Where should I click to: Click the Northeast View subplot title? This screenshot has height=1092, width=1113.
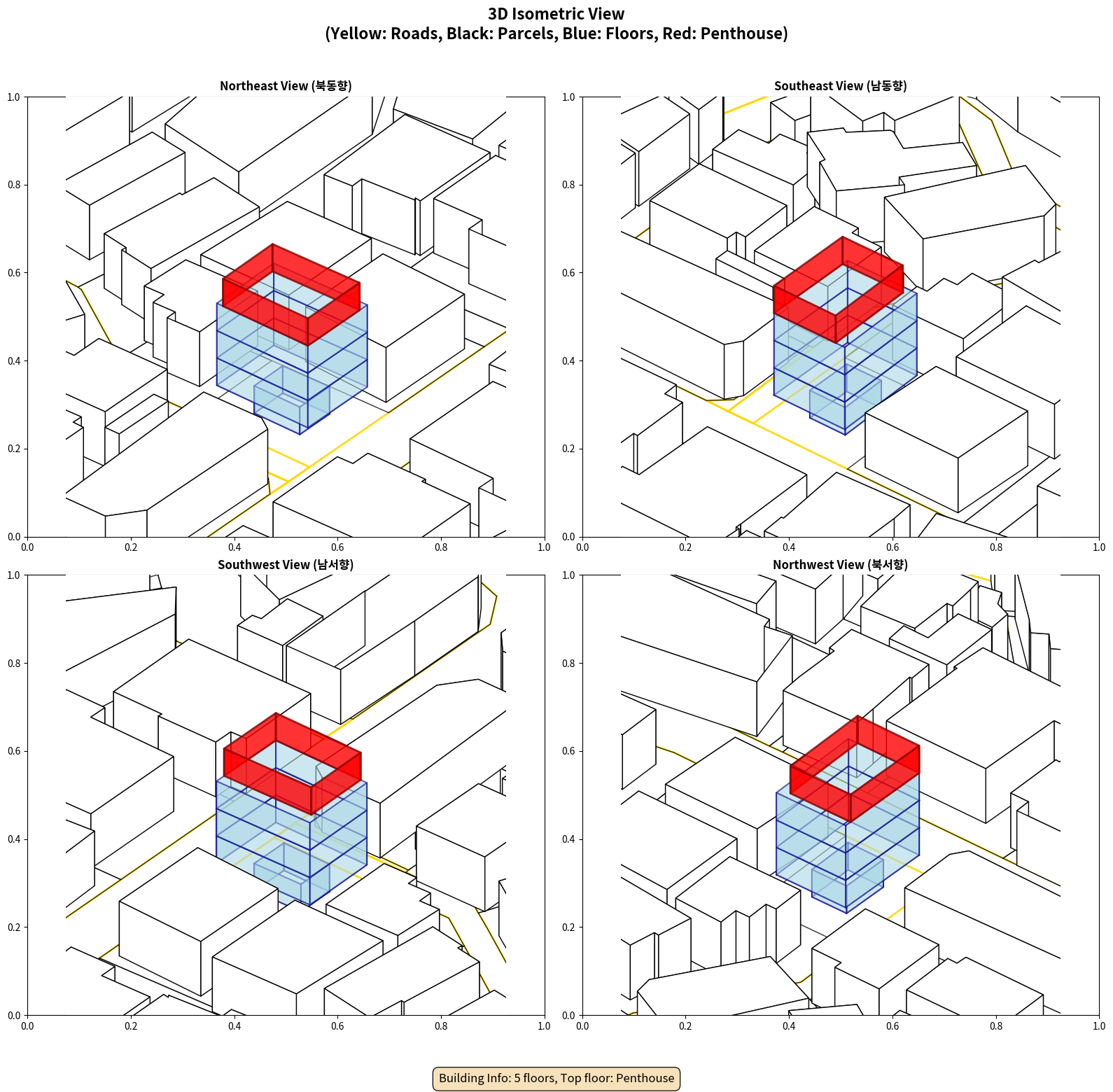point(286,86)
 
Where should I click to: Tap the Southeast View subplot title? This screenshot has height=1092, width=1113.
point(840,86)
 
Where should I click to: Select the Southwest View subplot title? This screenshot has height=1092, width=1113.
point(286,565)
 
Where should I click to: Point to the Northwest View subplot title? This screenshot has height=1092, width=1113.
point(840,565)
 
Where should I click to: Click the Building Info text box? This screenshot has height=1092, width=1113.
point(556,1078)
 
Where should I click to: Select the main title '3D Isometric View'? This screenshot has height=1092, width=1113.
point(556,14)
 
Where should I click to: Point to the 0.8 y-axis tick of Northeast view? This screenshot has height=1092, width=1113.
point(14,185)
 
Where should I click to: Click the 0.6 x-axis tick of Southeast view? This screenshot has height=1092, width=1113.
point(892,547)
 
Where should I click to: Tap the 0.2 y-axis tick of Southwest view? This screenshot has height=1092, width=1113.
point(14,927)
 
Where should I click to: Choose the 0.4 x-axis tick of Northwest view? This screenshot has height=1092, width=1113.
point(789,1026)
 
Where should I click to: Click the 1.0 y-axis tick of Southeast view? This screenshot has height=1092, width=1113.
point(568,97)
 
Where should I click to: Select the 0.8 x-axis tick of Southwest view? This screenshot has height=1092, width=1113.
point(441,1026)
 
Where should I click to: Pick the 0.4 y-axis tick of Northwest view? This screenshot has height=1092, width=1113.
point(568,839)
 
